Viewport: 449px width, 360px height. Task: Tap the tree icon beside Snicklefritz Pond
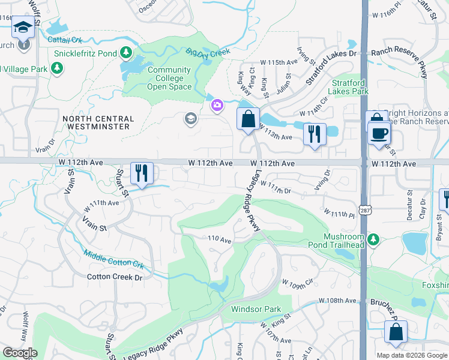click(126, 53)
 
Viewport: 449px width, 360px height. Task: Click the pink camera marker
click(217, 106)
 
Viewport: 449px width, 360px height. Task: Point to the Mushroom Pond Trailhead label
click(344, 241)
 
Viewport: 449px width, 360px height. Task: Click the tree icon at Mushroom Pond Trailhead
click(373, 240)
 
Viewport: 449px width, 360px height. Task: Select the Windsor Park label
click(256, 310)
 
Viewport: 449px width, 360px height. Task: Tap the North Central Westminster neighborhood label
click(96, 122)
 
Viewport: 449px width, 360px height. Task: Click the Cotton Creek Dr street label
click(115, 277)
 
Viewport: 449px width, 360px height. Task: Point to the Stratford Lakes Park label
click(348, 88)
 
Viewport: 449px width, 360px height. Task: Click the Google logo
click(19, 353)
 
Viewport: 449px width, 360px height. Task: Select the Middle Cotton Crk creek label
click(114, 259)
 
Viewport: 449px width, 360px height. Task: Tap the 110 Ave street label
click(220, 239)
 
